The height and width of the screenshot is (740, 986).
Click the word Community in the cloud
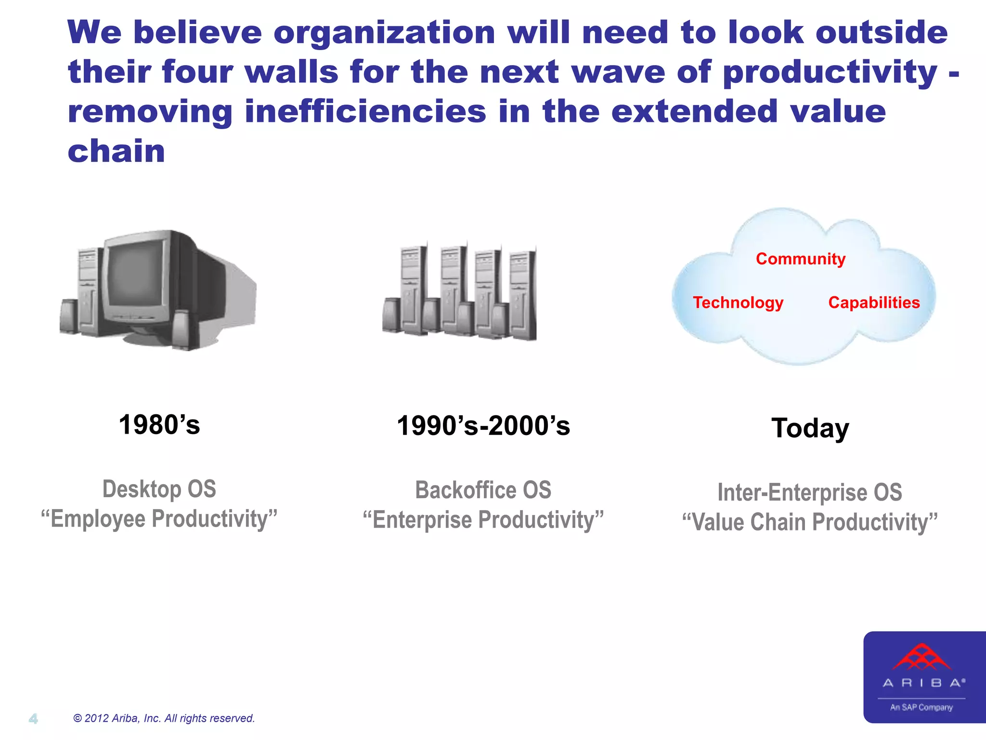coord(800,259)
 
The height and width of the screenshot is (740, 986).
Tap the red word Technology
coord(738,303)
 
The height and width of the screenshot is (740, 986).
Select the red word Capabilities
coord(874,303)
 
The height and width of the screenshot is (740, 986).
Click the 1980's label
coord(159,425)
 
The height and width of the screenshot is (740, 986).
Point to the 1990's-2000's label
coord(483,426)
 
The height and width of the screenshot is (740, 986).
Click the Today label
coord(810,428)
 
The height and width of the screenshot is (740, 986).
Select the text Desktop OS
coord(159,489)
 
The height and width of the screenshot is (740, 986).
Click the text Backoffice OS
coord(483,490)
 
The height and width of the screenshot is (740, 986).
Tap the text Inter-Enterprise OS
coord(810,492)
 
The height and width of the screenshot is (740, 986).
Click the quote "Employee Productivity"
coord(159,519)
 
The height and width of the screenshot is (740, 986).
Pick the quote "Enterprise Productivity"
coord(483,520)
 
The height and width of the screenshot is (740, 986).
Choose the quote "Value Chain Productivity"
coord(810,522)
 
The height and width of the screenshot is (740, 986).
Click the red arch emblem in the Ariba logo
coord(921,658)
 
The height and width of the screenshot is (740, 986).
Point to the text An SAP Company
coord(921,707)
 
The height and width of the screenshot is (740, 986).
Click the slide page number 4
coord(33,719)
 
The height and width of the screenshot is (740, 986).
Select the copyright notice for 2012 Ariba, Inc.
coord(164,718)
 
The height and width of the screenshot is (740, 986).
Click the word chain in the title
coord(117,151)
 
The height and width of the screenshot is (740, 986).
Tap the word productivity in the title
coord(830,72)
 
